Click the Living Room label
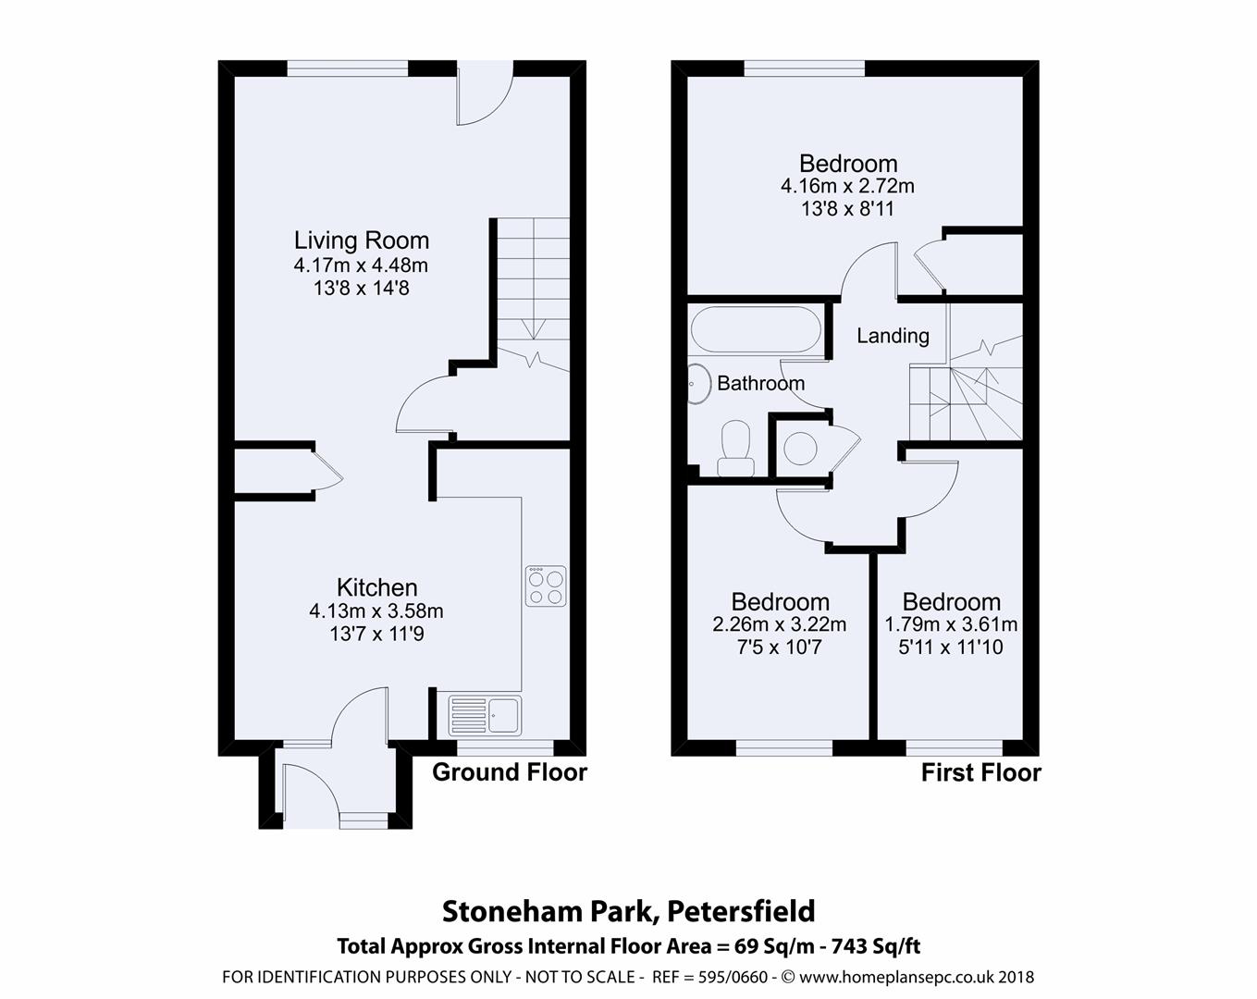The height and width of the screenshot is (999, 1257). pyautogui.click(x=362, y=240)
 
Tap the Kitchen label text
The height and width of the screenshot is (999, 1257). pyautogui.click(x=376, y=587)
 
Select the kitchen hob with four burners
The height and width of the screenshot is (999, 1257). pyautogui.click(x=546, y=586)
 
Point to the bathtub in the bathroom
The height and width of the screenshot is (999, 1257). pyautogui.click(x=755, y=330)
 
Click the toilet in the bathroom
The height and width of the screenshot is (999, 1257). pyautogui.click(x=736, y=448)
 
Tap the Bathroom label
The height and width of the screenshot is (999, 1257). pyautogui.click(x=760, y=383)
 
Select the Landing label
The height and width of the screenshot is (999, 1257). pyautogui.click(x=893, y=336)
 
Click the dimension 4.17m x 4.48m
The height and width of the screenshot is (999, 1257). pyautogui.click(x=362, y=265)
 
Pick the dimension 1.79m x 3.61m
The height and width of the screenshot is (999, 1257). pyautogui.click(x=951, y=624)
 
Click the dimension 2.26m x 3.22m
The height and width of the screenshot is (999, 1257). pyautogui.click(x=780, y=624)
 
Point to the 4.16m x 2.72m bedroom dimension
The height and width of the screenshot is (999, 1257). pyautogui.click(x=847, y=187)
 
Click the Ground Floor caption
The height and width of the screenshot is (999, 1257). pyautogui.click(x=510, y=771)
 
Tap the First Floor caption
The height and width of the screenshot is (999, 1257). pyautogui.click(x=980, y=772)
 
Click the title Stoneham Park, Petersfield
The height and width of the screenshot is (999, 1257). pyautogui.click(x=629, y=911)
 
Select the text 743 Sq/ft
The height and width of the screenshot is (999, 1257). pyautogui.click(x=876, y=946)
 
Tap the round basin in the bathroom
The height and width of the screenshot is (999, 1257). pyautogui.click(x=696, y=381)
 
